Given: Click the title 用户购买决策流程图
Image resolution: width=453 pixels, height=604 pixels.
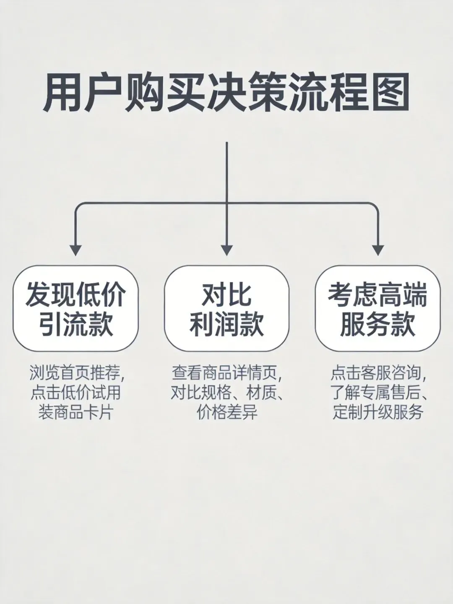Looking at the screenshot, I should tap(226, 93).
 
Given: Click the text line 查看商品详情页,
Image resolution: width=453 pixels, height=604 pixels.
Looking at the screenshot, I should tap(226, 372).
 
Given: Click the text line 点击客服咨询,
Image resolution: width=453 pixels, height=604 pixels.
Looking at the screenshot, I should tap(377, 372).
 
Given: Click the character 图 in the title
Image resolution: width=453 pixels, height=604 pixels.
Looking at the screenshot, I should tap(389, 93).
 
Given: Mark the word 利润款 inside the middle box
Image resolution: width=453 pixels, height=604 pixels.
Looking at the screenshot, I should tap(226, 324).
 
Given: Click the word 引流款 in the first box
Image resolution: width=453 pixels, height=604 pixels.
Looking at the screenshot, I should tap(75, 324).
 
